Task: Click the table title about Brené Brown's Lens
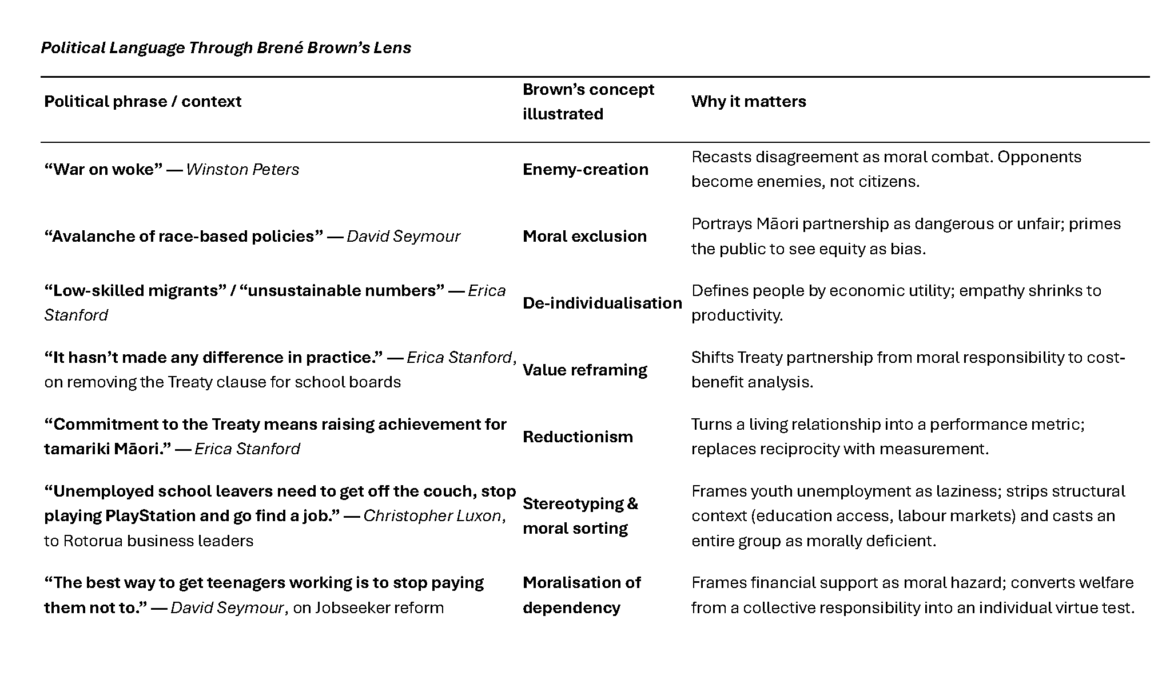[x=226, y=47]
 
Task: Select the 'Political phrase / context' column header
[x=143, y=101]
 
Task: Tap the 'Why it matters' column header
[x=749, y=101]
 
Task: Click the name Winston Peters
[x=242, y=169]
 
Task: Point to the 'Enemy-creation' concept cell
[x=586, y=169]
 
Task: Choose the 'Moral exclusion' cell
[x=584, y=236]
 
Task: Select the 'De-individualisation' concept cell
[x=602, y=303]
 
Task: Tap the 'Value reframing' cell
[x=585, y=370]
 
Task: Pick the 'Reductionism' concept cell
[x=578, y=437]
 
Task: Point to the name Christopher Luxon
[x=432, y=515]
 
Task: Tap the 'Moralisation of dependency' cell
[x=582, y=595]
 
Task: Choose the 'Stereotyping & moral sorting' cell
[x=580, y=515]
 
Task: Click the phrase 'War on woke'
[x=104, y=169]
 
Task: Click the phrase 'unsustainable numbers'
[x=342, y=290]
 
